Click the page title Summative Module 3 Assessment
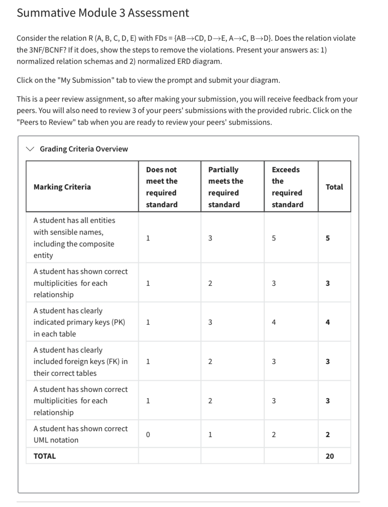click(103, 13)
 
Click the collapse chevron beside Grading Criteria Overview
click(30, 149)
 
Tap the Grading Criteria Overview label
click(84, 149)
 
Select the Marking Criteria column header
click(62, 187)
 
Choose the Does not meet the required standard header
click(161, 187)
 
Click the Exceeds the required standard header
click(287, 187)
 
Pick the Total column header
click(334, 187)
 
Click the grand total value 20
click(329, 456)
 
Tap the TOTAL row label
click(45, 456)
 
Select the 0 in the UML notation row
click(148, 435)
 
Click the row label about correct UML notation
click(80, 434)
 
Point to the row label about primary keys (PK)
click(79, 322)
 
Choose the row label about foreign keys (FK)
click(80, 362)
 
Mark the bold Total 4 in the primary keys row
click(328, 322)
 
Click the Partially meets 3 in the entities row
click(210, 238)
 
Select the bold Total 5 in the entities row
click(328, 238)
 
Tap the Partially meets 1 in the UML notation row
click(210, 435)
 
